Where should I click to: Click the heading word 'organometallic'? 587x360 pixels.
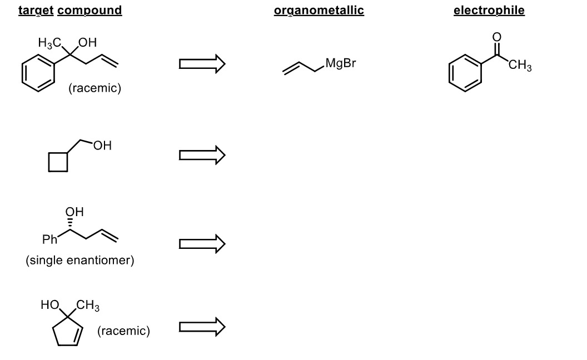[319, 11]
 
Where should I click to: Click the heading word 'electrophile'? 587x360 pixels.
[489, 11]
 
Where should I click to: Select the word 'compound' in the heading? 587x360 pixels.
[89, 11]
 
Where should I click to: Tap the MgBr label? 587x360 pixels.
[340, 63]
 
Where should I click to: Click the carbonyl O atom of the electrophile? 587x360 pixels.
[496, 37]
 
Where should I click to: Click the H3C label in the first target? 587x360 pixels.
[49, 42]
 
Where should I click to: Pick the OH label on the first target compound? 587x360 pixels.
[87, 42]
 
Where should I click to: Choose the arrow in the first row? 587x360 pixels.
[202, 64]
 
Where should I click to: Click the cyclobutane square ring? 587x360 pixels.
[58, 162]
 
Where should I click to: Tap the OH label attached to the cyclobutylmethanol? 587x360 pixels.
[102, 146]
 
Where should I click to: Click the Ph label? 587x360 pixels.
[49, 240]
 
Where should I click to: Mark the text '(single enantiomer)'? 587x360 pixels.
[80, 261]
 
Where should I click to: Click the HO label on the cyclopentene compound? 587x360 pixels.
[50, 304]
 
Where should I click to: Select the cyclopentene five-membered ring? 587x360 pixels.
[68, 332]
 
